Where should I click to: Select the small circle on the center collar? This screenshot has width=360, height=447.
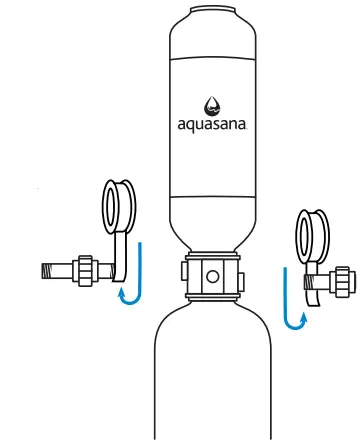coord(211,273)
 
